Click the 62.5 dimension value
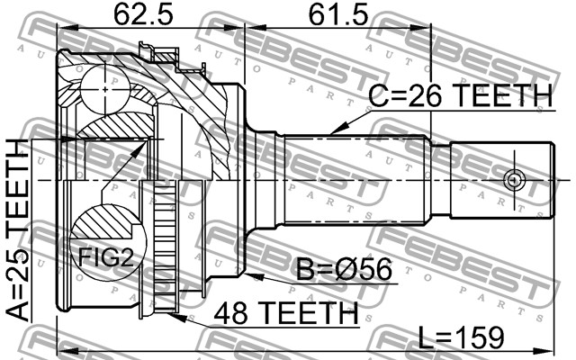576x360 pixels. tap(143, 14)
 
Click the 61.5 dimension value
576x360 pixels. tap(338, 14)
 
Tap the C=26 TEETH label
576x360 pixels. tap(460, 94)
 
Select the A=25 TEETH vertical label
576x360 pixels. tap(18, 230)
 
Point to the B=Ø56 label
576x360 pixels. tap(344, 269)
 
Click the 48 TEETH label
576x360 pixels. tap(286, 313)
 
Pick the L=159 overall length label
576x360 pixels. tap(462, 337)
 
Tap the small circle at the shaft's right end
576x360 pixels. tap(514, 180)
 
